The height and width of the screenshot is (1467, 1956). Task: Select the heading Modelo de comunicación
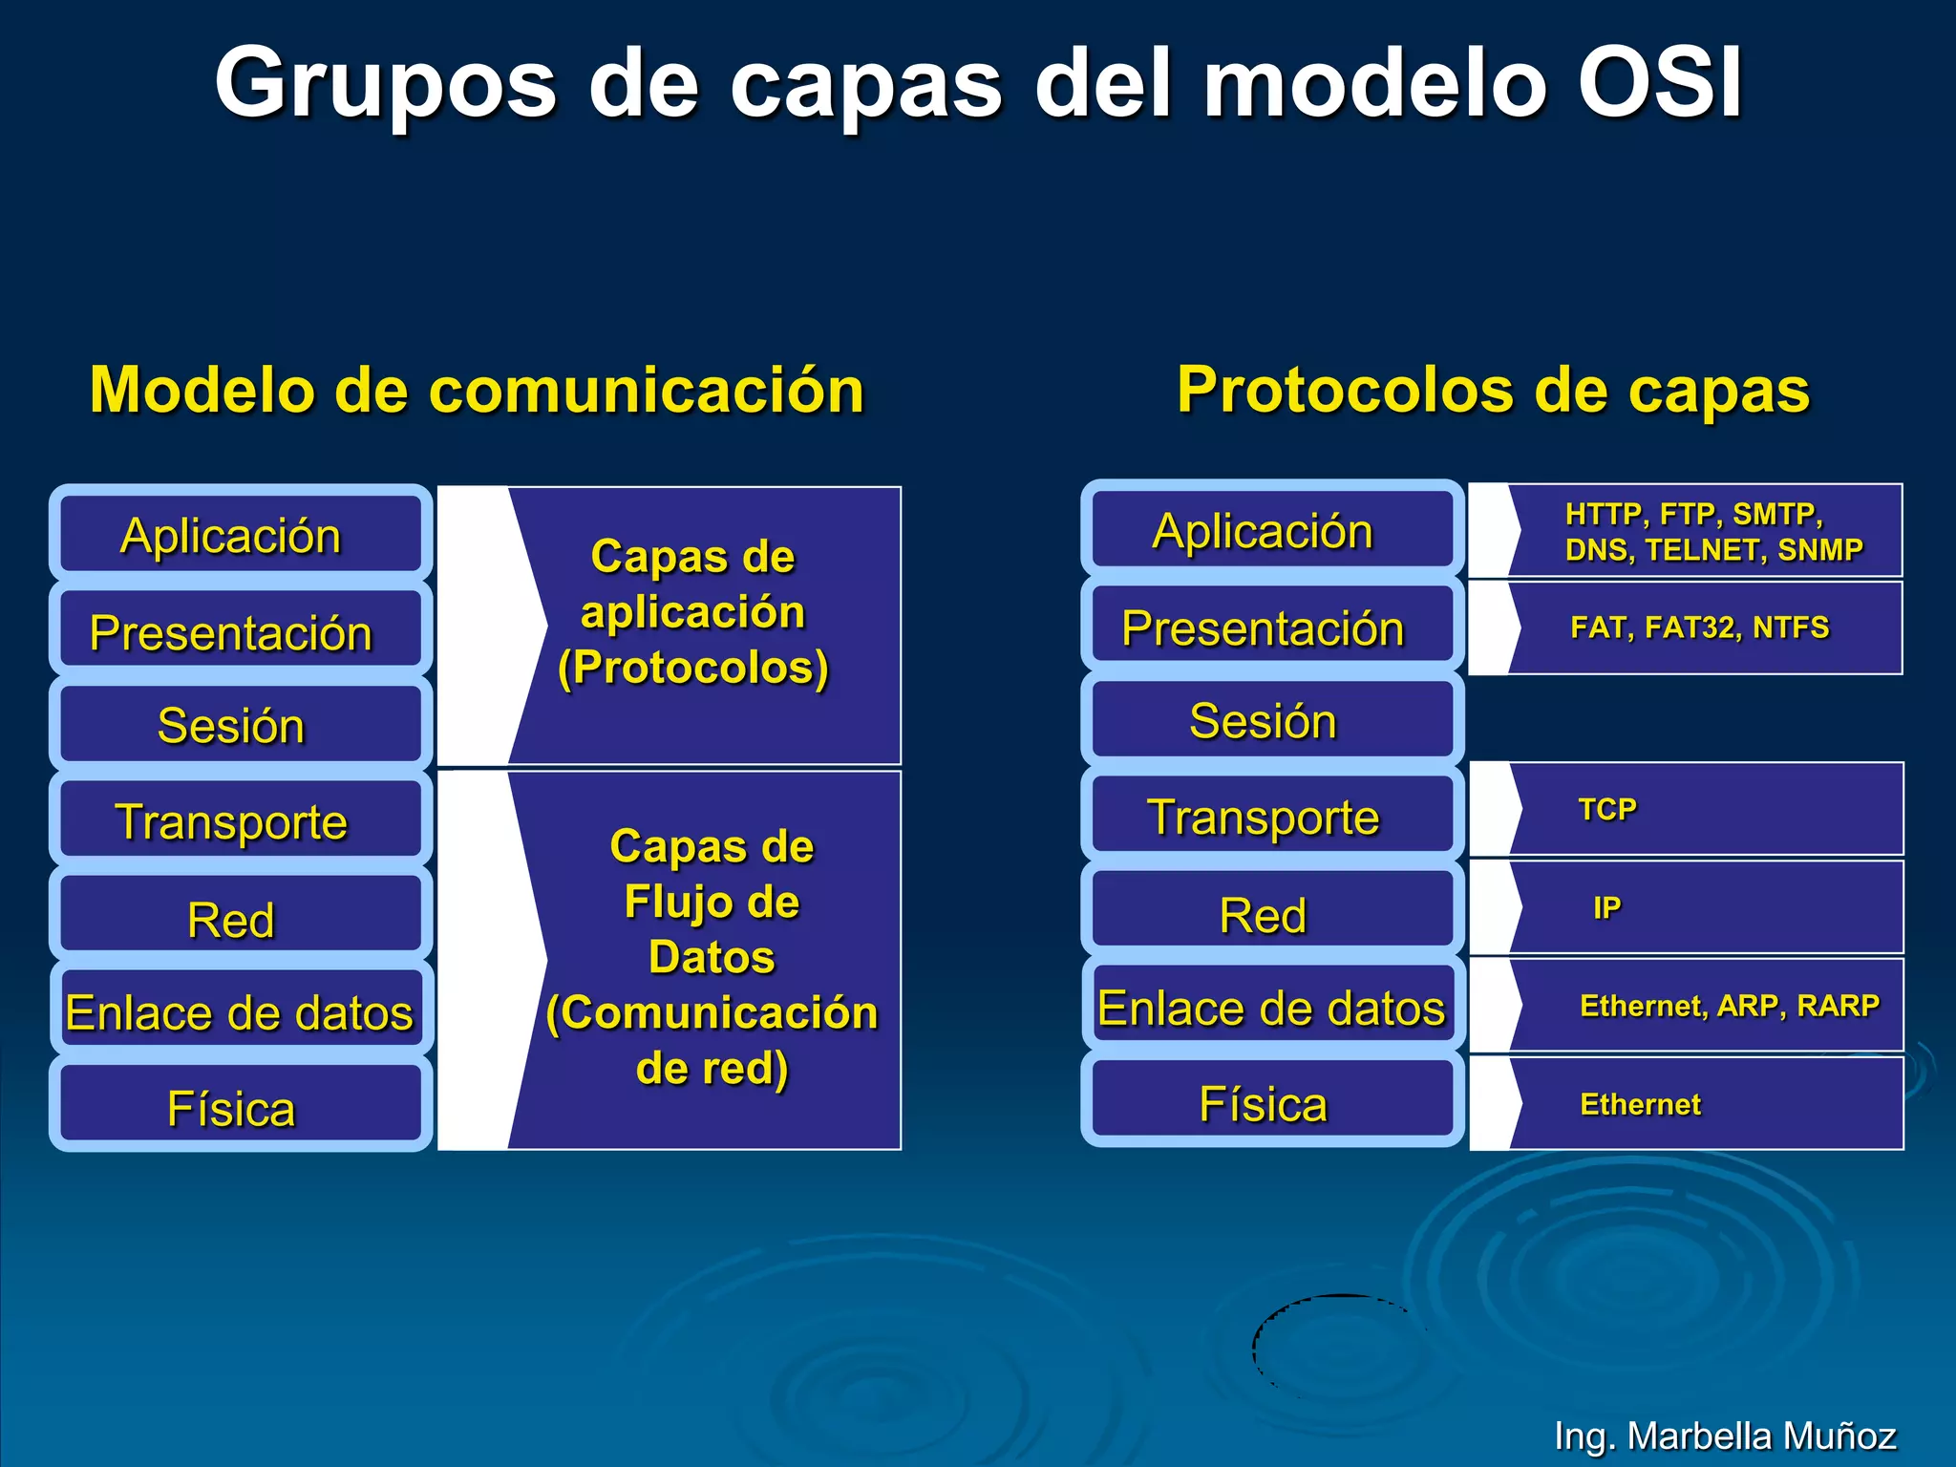click(477, 390)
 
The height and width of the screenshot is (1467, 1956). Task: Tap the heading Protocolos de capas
click(1493, 390)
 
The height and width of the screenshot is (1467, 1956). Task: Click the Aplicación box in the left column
click(240, 534)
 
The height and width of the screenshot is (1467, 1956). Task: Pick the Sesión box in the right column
click(1271, 720)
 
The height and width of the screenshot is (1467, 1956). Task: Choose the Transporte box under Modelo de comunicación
click(240, 821)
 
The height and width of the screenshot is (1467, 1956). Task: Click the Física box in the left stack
click(240, 1107)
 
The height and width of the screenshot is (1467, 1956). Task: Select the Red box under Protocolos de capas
click(1271, 914)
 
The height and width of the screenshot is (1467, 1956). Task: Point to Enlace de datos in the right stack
click(1271, 1008)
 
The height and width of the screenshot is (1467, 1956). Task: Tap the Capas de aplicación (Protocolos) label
click(693, 612)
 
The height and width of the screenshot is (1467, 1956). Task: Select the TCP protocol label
click(1607, 809)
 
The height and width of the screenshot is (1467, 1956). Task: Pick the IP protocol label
click(1606, 907)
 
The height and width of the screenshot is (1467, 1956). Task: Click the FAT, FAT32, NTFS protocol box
click(1699, 627)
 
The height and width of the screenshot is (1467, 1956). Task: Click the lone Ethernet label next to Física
click(1640, 1104)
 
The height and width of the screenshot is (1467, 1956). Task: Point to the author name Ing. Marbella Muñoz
click(1724, 1435)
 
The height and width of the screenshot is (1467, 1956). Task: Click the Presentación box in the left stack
click(240, 631)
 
